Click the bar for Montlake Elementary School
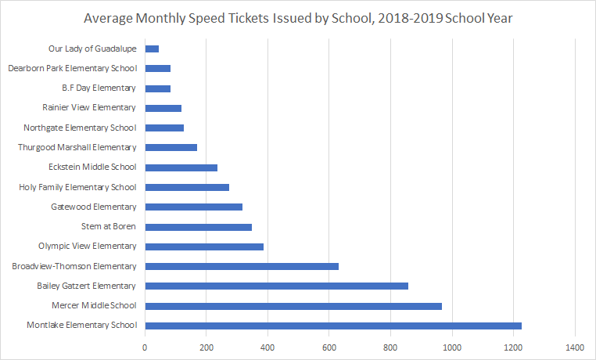point(333,326)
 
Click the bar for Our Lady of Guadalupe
point(152,49)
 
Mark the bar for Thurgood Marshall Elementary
point(171,147)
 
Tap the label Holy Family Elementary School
point(77,187)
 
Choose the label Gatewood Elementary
point(93,207)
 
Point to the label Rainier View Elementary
point(89,108)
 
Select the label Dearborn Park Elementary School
point(73,68)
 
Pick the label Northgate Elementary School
point(80,128)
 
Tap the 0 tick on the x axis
point(145,344)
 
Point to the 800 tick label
point(390,344)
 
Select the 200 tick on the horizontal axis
point(206,344)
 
